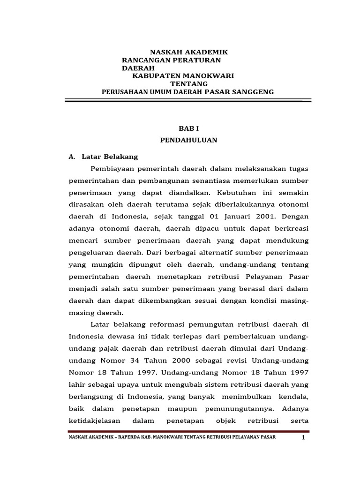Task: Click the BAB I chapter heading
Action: [189, 127]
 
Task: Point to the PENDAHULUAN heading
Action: [189, 140]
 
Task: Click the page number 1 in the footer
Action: [304, 437]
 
